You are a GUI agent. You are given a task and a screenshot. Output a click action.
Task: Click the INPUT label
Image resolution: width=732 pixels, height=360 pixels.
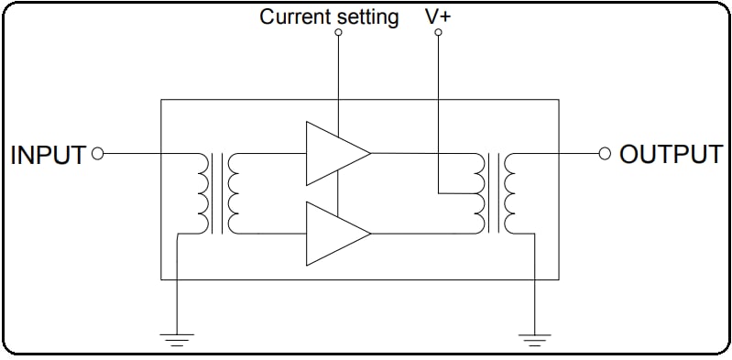pos(48,155)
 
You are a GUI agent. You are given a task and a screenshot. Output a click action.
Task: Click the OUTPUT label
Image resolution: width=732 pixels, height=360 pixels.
pos(670,154)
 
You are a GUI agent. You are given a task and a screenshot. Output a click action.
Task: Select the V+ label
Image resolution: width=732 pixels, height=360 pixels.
pos(438,16)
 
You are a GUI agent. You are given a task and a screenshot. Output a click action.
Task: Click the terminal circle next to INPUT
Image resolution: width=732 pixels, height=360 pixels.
pos(98,154)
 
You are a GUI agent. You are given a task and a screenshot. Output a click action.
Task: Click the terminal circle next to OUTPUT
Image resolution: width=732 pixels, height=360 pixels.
pos(604,154)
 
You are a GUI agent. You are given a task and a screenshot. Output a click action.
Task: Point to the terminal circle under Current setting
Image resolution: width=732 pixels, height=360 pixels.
pos(338,32)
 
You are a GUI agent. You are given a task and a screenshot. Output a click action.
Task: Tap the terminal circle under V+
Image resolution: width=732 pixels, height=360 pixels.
pos(438,32)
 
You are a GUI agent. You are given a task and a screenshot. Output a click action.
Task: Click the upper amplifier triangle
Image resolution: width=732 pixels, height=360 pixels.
pos(333,153)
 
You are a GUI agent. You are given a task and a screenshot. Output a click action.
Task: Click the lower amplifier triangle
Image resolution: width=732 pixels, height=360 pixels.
pos(333,234)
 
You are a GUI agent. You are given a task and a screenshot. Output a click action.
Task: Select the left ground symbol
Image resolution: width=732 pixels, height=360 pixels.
pos(176,338)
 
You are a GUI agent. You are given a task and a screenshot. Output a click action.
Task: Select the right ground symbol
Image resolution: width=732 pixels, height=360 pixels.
pos(533,338)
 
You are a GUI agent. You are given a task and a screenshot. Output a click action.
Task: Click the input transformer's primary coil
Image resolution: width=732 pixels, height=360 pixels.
pos(202,193)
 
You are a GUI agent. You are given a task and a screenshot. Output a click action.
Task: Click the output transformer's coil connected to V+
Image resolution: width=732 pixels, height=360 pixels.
pos(478,193)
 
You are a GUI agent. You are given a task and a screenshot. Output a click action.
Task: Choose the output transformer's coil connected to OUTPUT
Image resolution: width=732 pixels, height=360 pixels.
pos(509,193)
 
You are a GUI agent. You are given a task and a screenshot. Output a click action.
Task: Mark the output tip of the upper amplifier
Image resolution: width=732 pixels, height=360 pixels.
pos(370,153)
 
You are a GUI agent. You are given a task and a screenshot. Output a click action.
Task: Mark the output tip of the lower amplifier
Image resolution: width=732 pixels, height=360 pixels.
pos(370,234)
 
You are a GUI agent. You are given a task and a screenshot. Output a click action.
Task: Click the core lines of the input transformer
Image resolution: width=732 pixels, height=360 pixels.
pos(217,193)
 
